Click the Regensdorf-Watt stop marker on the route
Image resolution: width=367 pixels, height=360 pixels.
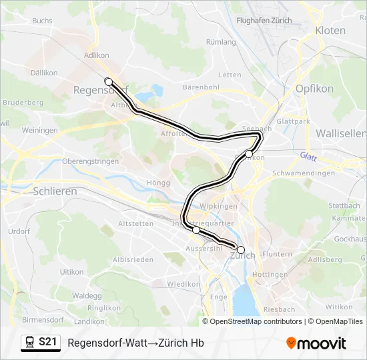(108, 81)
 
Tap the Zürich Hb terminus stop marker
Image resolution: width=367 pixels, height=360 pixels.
(241, 250)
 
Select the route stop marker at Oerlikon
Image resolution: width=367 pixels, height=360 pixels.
(249, 154)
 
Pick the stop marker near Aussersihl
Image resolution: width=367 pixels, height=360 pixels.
(196, 230)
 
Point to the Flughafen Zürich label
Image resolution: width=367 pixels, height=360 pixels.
(264, 21)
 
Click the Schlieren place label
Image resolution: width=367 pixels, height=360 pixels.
(55, 191)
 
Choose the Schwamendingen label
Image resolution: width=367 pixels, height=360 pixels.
(304, 173)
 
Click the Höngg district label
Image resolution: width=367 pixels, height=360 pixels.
(159, 182)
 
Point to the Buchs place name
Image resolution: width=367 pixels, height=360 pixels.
(41, 21)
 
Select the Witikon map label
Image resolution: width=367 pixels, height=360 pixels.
(339, 307)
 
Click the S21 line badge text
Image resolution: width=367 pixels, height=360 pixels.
(47, 343)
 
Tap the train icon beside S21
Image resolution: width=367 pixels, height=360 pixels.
(29, 343)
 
